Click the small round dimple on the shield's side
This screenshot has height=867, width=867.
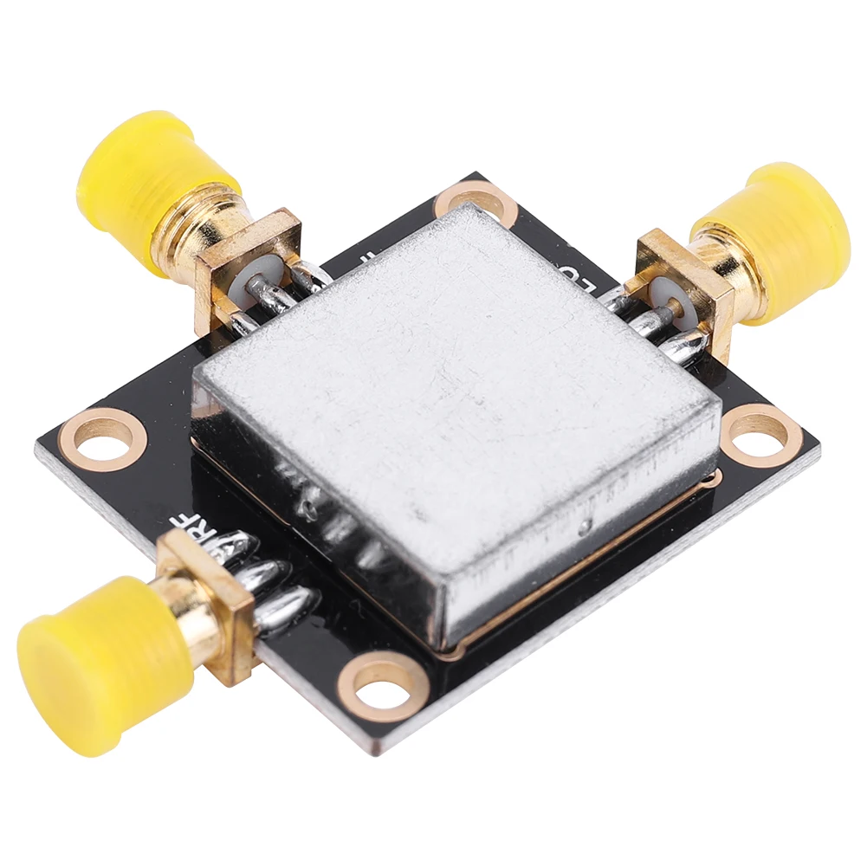(588, 526)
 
